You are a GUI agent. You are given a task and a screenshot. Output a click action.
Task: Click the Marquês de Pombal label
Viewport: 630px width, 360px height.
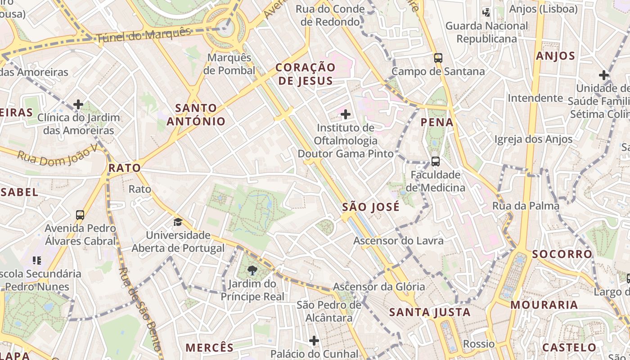229,64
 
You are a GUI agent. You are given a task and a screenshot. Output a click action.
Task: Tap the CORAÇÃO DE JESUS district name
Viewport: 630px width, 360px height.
306,74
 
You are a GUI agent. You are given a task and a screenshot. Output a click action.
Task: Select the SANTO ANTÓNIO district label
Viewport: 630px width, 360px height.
196,114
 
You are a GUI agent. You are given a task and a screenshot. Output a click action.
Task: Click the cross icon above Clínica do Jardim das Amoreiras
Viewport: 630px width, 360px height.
78,104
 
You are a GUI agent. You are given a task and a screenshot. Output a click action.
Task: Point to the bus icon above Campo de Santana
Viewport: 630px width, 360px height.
438,58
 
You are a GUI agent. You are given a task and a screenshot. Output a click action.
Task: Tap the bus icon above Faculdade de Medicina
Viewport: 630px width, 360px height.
435,161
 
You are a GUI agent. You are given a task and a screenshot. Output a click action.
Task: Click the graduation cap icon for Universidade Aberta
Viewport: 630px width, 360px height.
178,222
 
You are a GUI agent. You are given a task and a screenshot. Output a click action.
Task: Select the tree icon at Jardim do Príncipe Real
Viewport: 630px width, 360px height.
252,270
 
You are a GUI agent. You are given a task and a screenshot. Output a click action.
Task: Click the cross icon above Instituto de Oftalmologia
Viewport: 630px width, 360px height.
346,114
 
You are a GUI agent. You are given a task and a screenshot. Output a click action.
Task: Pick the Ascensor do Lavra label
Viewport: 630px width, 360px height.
398,241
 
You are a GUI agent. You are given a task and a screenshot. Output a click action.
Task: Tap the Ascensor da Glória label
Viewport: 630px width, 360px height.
379,287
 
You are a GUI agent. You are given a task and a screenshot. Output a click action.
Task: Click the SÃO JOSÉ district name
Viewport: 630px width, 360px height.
371,207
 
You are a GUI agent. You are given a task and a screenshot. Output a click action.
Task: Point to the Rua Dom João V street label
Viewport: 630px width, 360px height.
57,155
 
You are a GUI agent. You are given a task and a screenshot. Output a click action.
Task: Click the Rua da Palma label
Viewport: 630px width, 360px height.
526,206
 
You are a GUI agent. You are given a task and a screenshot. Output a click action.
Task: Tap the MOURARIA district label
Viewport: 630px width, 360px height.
544,305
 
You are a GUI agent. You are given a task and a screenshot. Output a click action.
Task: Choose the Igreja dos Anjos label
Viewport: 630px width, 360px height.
533,139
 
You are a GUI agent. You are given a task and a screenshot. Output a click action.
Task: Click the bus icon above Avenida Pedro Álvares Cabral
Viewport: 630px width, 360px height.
80,215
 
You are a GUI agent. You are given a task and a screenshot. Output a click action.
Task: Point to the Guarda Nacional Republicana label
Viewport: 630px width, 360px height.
486,32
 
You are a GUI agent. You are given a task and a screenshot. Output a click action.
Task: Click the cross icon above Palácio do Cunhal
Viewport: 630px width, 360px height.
314,341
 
